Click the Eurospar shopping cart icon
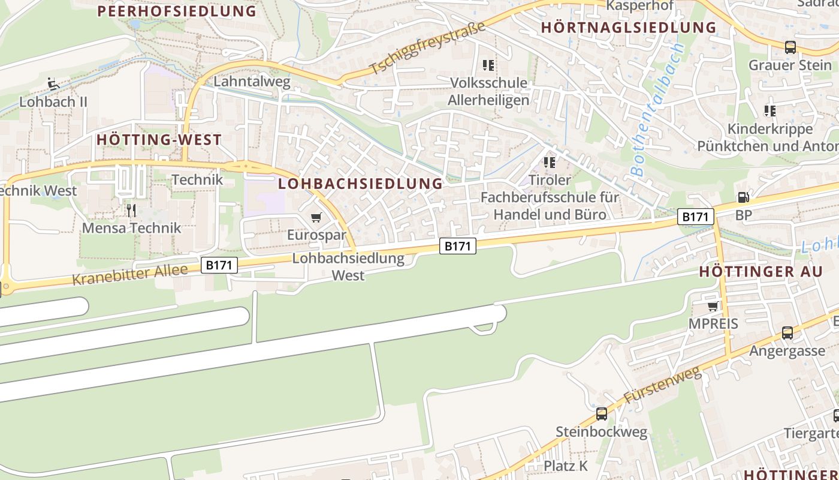point(316,217)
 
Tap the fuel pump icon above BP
point(743,197)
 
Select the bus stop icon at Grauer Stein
point(790,47)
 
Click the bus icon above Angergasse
point(787,332)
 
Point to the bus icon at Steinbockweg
point(601,413)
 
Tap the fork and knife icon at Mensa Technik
point(131,210)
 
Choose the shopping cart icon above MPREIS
point(713,306)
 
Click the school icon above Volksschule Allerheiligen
point(488,65)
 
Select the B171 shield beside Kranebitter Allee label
point(219,265)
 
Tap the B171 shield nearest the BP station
point(695,216)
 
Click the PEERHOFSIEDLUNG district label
point(177,11)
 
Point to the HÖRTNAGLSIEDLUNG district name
point(629,28)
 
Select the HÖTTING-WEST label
point(159,140)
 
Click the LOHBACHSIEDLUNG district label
point(361,184)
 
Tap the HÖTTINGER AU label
point(761,272)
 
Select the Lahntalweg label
point(252,82)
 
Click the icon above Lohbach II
point(53,83)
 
